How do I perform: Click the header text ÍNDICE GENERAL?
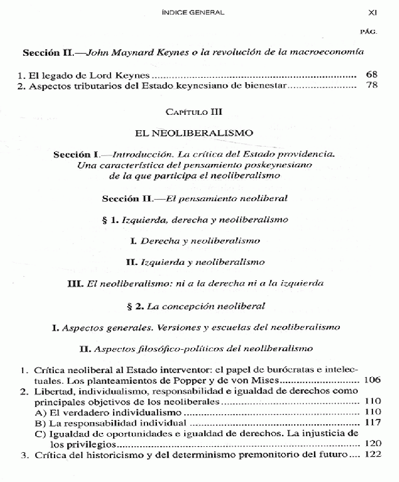click(197, 12)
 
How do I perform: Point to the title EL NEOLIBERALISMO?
click(199, 133)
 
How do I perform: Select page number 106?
click(372, 380)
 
